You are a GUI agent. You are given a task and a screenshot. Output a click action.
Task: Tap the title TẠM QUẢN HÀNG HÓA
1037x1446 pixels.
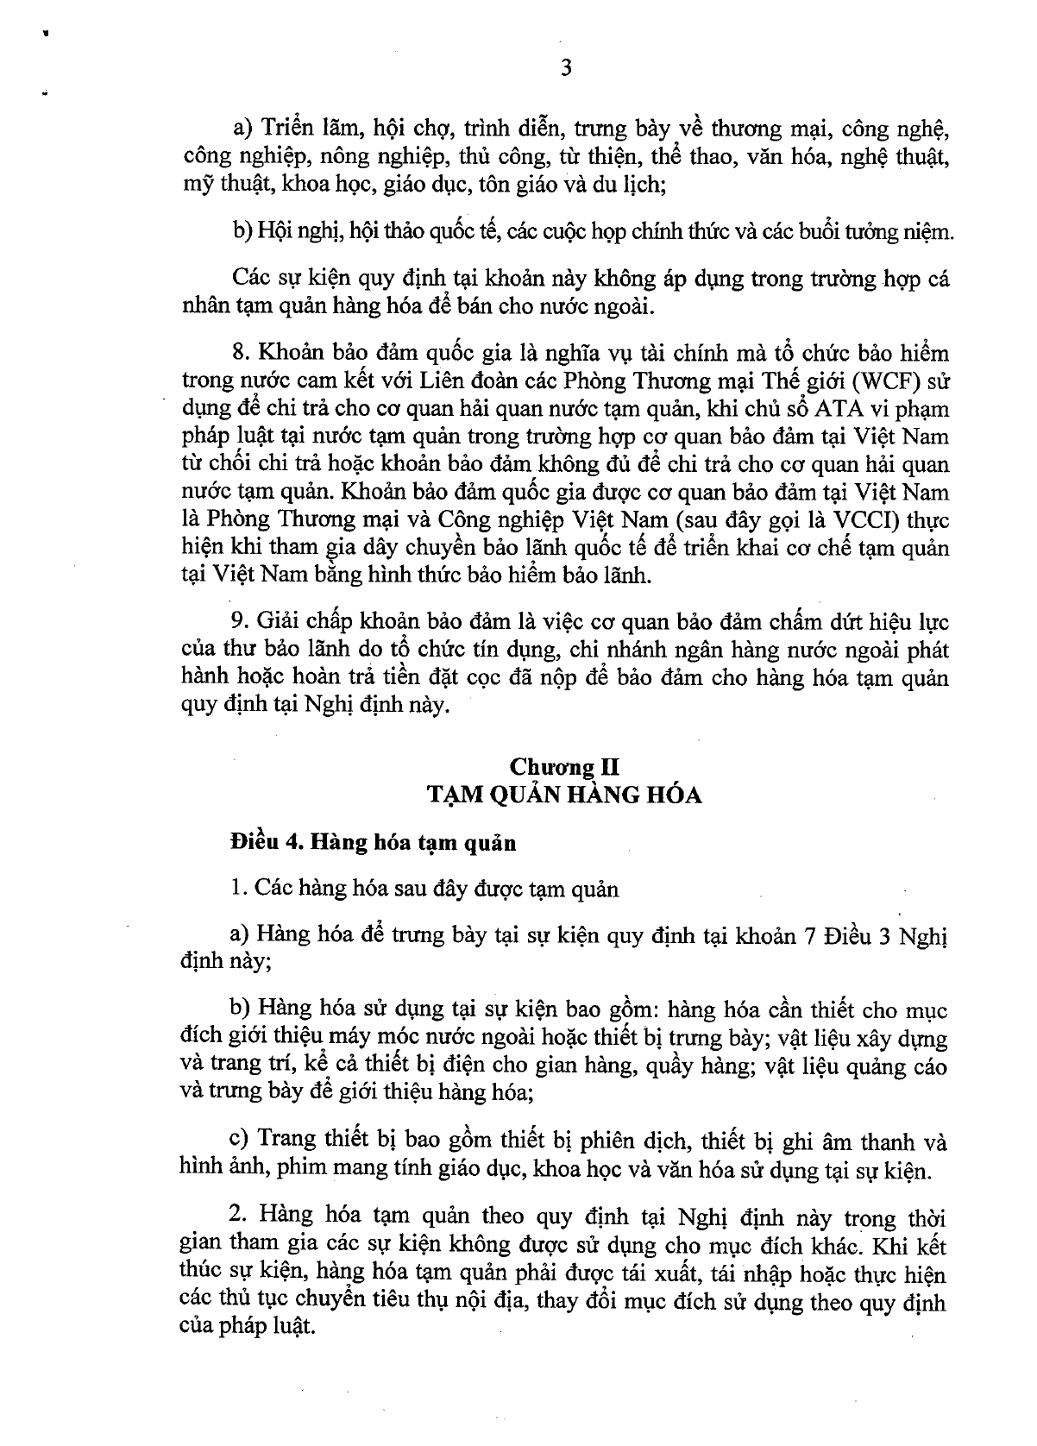click(565, 795)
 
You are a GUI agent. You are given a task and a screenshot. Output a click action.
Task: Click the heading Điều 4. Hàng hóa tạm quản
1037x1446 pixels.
click(374, 843)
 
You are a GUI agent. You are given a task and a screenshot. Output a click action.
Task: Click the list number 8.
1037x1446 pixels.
click(239, 353)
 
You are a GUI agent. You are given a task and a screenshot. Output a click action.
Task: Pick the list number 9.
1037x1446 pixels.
click(239, 621)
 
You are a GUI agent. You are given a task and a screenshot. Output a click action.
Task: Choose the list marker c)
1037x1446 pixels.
click(240, 1143)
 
